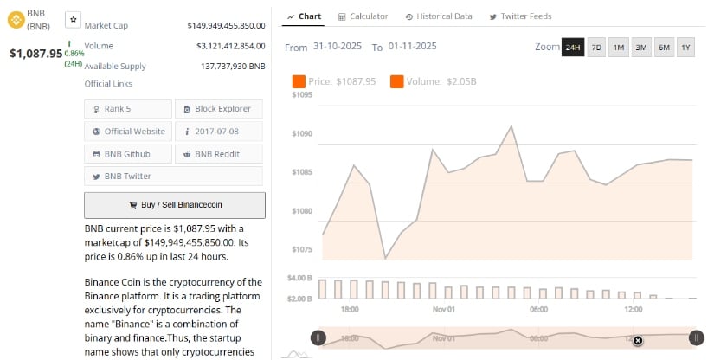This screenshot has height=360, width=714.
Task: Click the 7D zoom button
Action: pyautogui.click(x=596, y=47)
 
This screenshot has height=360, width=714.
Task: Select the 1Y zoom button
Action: pyautogui.click(x=686, y=47)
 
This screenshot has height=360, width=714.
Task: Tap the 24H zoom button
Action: pyautogui.click(x=573, y=47)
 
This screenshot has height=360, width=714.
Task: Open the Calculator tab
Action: pyautogui.click(x=363, y=16)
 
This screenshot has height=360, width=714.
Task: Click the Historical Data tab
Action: pyautogui.click(x=439, y=16)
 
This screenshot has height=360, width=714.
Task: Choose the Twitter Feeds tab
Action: pyautogui.click(x=520, y=16)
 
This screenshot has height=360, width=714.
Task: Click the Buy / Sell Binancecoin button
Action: pyautogui.click(x=175, y=205)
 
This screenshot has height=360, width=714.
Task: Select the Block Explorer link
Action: pyautogui.click(x=218, y=108)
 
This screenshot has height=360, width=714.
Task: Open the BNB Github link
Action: pyautogui.click(x=128, y=153)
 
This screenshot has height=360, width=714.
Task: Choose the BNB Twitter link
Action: pyautogui.click(x=128, y=176)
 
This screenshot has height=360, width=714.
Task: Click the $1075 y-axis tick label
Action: pyautogui.click(x=302, y=249)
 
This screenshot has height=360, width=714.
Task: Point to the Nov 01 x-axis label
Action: pyautogui.click(x=444, y=308)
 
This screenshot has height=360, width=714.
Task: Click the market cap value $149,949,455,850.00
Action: pyautogui.click(x=226, y=25)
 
